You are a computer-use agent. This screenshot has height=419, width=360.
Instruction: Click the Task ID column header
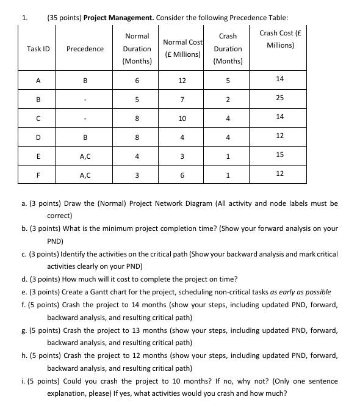click(x=38, y=49)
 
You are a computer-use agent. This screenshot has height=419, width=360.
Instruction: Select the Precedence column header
click(x=85, y=49)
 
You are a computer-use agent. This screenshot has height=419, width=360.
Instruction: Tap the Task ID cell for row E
click(x=38, y=156)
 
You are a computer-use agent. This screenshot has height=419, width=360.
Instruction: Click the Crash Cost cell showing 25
click(x=279, y=98)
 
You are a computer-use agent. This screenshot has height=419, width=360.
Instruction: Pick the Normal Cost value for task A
click(x=182, y=81)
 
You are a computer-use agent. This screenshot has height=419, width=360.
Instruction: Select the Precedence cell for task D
click(x=85, y=137)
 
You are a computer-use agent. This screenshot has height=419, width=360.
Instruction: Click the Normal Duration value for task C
click(x=137, y=118)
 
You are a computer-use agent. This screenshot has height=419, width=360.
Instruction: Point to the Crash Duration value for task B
click(x=228, y=100)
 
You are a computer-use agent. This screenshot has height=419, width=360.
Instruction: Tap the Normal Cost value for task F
click(x=182, y=175)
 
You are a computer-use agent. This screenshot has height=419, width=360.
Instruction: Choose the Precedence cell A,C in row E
click(x=85, y=156)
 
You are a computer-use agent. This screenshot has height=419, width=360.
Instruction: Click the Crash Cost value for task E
click(x=279, y=155)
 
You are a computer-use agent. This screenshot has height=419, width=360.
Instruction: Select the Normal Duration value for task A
click(x=137, y=81)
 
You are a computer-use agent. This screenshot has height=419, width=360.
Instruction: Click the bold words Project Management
click(x=118, y=18)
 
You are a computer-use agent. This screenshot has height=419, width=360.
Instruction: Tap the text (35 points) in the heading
click(x=64, y=18)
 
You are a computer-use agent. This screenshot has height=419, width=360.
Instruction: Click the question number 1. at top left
click(x=24, y=17)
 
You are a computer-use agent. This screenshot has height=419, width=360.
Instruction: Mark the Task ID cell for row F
click(x=38, y=175)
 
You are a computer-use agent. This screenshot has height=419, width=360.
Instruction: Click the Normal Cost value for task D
click(x=182, y=137)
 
